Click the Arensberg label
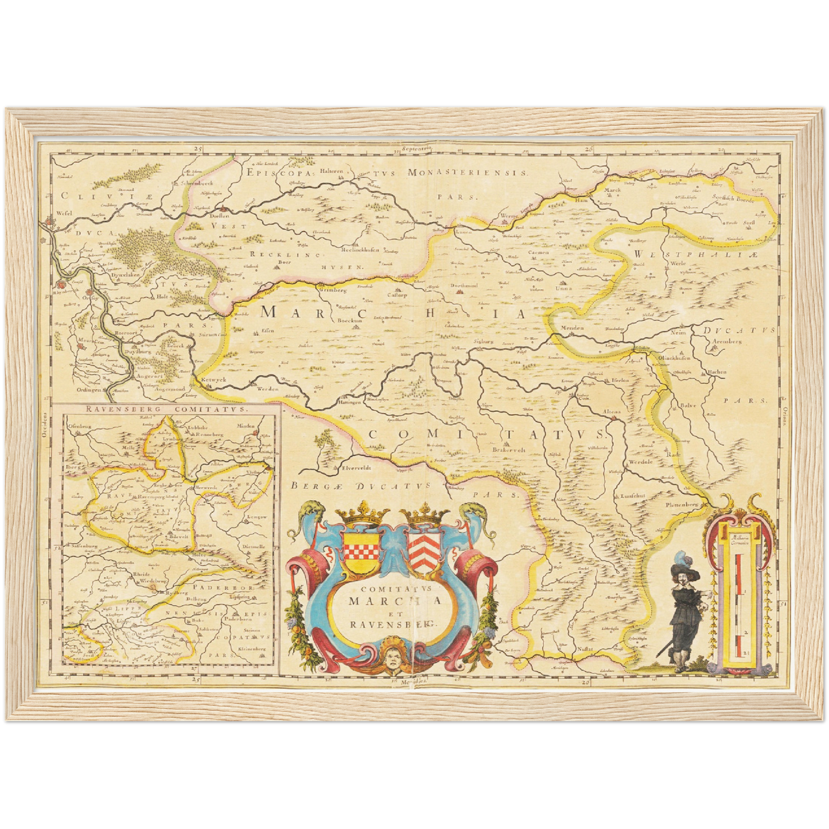click(726, 341)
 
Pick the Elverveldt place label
click(357, 468)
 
